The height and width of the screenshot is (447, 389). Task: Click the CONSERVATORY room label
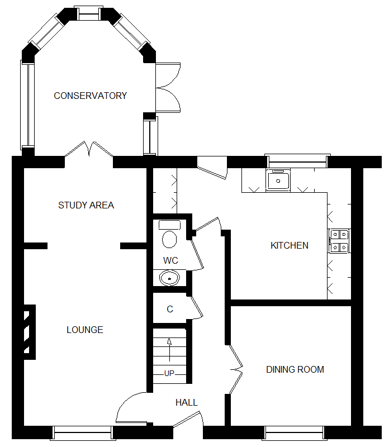pos(90,96)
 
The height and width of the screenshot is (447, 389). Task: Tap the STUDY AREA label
pos(86,205)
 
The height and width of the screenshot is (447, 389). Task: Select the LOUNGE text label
pos(85,330)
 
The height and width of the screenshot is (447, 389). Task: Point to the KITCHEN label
pos(290,245)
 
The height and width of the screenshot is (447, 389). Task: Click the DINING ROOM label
pos(295,369)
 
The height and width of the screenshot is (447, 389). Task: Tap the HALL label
pos(186,402)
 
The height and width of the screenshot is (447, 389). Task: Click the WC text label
pos(170,260)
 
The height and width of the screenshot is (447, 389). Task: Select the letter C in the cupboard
pos(170,309)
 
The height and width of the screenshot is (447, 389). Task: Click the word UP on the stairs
pos(169,373)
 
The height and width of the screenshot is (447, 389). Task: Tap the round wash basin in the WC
pos(168,278)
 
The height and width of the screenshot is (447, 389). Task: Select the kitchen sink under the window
pos(278,180)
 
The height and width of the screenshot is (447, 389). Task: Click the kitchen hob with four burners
pos(339,240)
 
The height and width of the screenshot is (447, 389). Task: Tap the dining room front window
pos(295,432)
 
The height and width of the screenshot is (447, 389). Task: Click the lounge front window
pos(82,432)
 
